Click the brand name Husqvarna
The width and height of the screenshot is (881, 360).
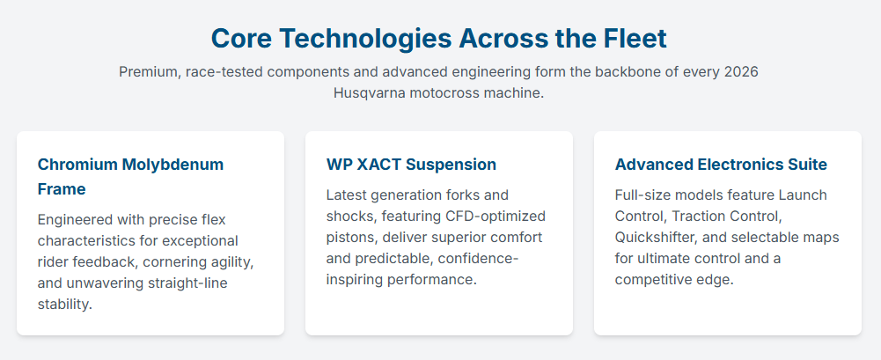click(369, 93)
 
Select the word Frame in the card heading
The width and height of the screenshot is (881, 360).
click(62, 189)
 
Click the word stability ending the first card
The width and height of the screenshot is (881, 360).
click(64, 305)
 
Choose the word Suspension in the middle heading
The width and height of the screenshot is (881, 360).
click(452, 165)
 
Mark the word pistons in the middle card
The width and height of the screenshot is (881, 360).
click(350, 238)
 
